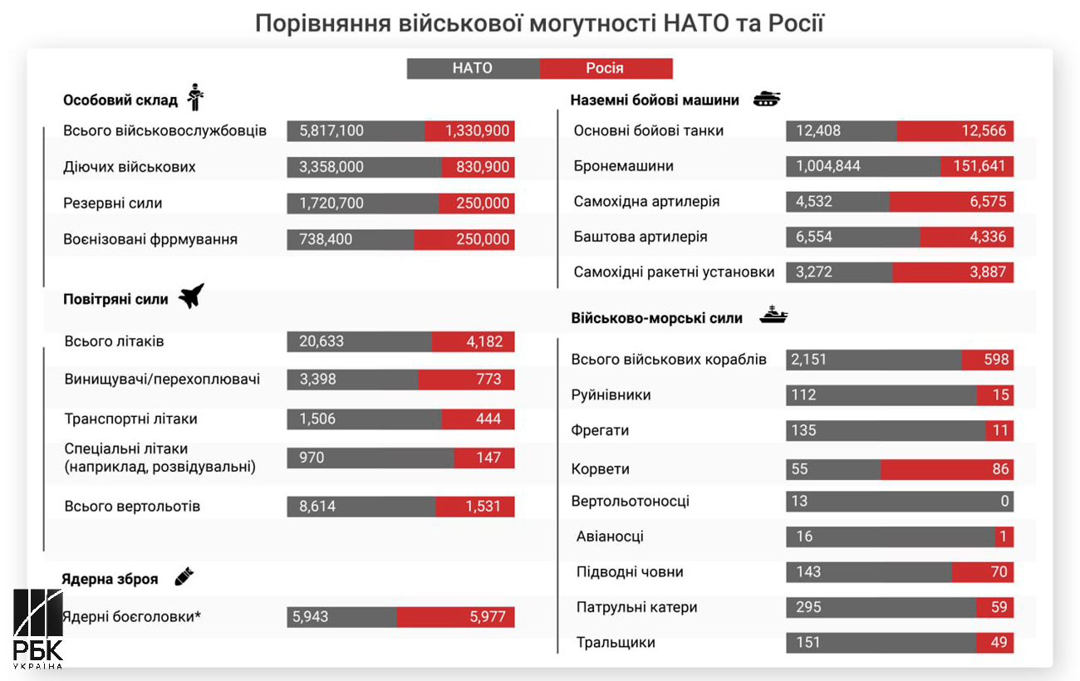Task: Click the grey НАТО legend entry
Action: click(x=473, y=68)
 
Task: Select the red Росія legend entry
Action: click(x=605, y=68)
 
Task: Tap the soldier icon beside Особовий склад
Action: click(x=196, y=98)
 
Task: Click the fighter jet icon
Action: click(x=191, y=296)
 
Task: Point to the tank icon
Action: click(x=766, y=100)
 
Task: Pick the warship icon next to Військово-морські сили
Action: click(x=773, y=316)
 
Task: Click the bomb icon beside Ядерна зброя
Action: click(x=184, y=577)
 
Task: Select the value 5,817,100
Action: click(x=331, y=130)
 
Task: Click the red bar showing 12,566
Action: click(x=955, y=130)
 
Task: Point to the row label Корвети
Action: click(x=600, y=469)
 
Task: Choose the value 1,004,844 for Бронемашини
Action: click(x=828, y=166)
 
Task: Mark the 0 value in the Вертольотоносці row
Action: click(x=1004, y=501)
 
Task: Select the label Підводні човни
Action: click(x=630, y=571)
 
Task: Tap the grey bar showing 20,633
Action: click(x=359, y=341)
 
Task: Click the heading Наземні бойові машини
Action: click(x=655, y=100)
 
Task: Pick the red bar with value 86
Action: click(x=946, y=469)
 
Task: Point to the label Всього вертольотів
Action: click(x=132, y=507)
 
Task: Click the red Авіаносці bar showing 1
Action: click(x=1004, y=536)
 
